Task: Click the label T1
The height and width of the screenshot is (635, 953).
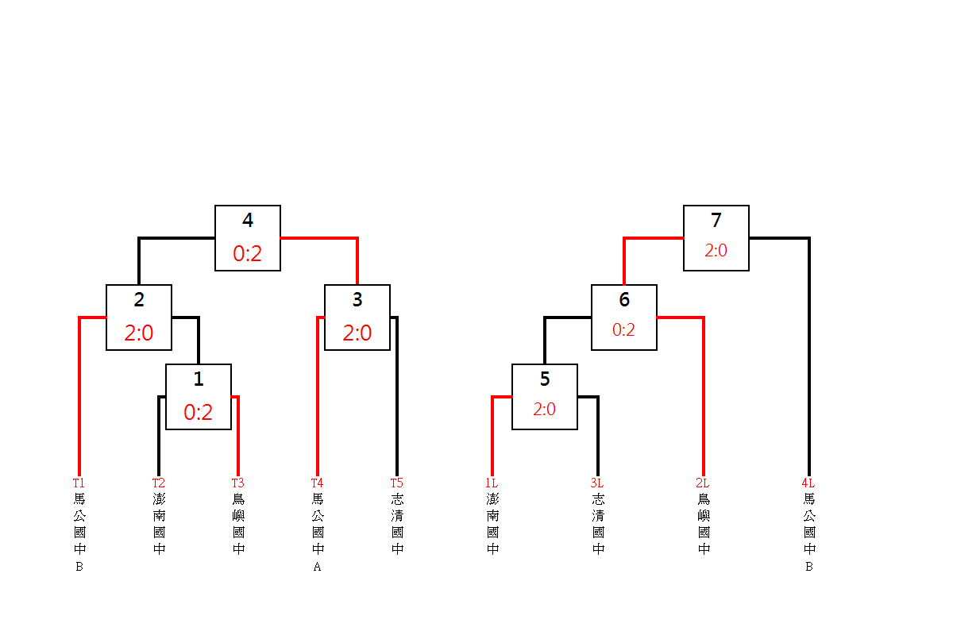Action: [x=79, y=483]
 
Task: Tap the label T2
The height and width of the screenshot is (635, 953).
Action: [x=159, y=483]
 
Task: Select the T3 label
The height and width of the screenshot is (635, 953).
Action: [x=237, y=483]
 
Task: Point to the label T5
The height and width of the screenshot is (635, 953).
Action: [x=396, y=483]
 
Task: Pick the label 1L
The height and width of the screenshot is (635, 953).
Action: [x=492, y=483]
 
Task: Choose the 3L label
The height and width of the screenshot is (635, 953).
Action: [x=596, y=483]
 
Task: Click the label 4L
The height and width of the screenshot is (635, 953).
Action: [x=808, y=483]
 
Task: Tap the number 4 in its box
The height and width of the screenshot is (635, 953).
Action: [x=248, y=221]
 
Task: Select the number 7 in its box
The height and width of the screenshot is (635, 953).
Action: [x=716, y=221]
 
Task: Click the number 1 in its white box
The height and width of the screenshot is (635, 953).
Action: [x=199, y=379]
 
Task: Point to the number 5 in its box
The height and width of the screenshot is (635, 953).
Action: [x=545, y=379]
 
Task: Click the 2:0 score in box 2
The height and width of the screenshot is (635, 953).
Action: [x=139, y=333]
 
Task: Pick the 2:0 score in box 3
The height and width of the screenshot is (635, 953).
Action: [x=357, y=333]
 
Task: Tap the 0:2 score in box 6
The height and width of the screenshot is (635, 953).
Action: [x=623, y=329]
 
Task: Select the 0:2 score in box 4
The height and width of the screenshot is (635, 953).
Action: [x=248, y=254]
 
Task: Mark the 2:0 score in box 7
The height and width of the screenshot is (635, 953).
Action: [x=716, y=251]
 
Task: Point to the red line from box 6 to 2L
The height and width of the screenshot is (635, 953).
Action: [x=704, y=397]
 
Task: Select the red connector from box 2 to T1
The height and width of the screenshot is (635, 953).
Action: [x=79, y=397]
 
